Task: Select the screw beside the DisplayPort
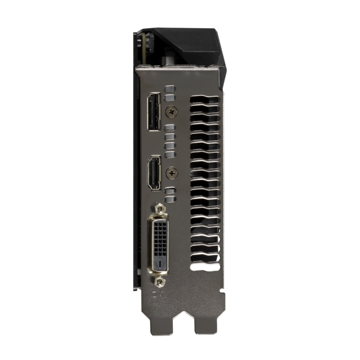pyautogui.click(x=171, y=111)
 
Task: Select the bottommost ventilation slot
pyautogui.click(x=207, y=266)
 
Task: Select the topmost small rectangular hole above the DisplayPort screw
pyautogui.click(x=170, y=90)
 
